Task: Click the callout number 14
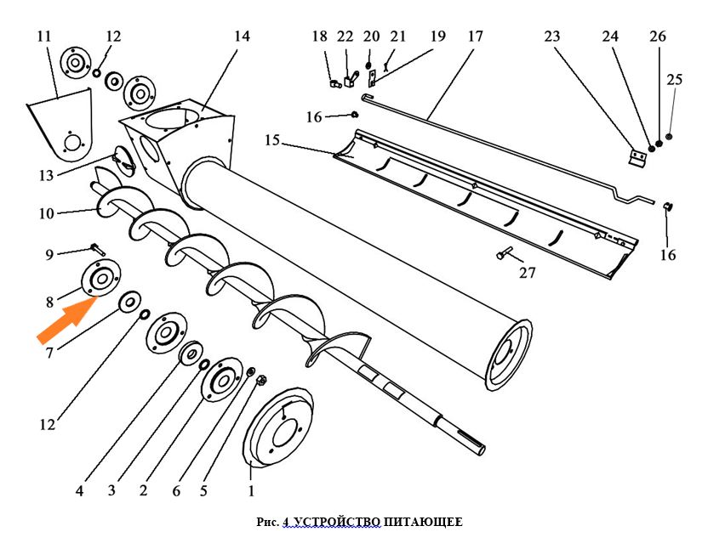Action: click(243, 37)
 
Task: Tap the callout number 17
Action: click(475, 37)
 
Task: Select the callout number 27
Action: click(528, 274)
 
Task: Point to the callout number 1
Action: click(251, 489)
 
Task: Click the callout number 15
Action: click(271, 139)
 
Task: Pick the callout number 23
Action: click(552, 37)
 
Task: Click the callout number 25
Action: click(675, 80)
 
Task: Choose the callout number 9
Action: click(49, 254)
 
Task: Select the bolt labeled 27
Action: click(504, 254)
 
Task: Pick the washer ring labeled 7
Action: click(131, 301)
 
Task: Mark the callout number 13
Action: click(46, 175)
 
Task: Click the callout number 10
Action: click(46, 212)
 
